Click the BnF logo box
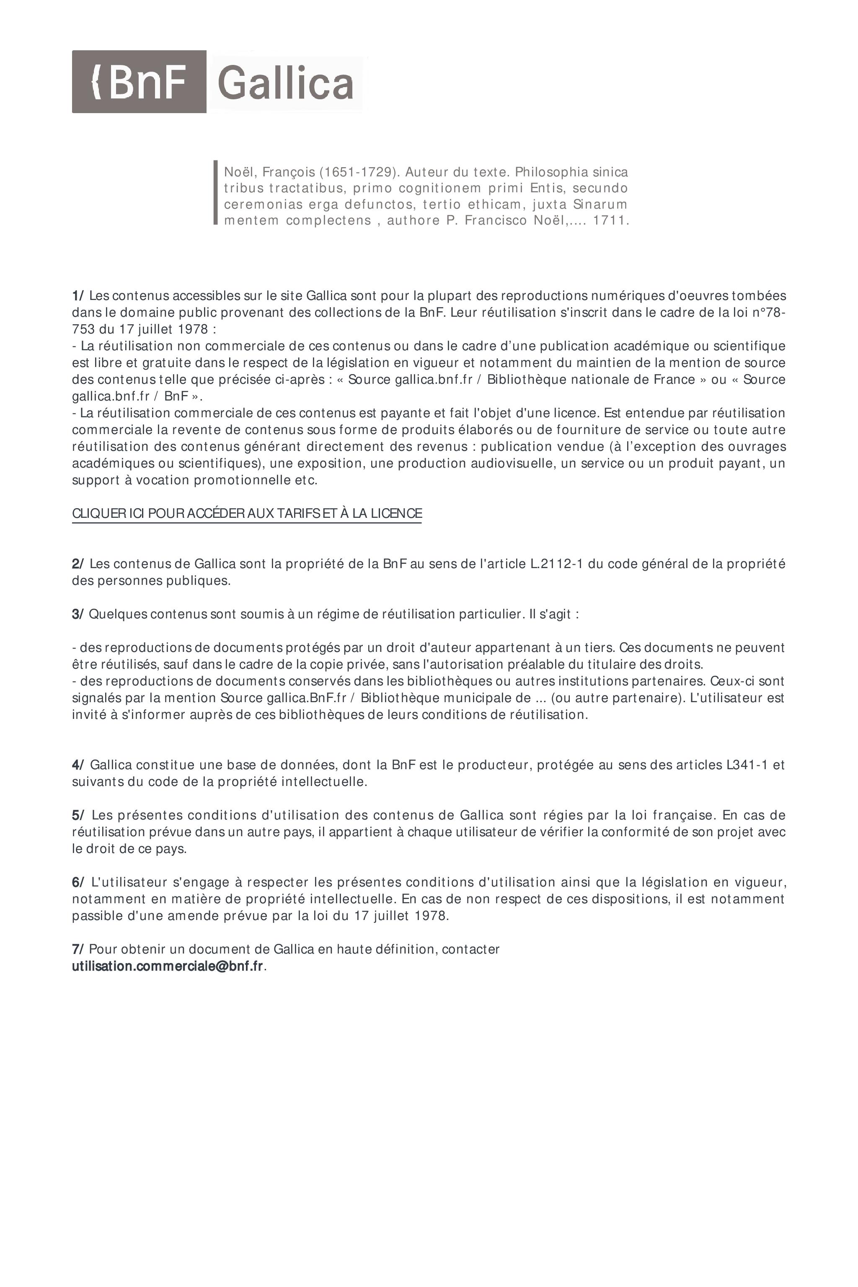point(139,82)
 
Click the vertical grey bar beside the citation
point(216,193)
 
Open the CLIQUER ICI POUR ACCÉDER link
point(247,513)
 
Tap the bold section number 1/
point(78,295)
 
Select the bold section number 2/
point(78,563)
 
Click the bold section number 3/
point(78,614)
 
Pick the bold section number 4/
point(78,765)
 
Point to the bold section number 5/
point(78,815)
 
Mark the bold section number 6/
point(78,882)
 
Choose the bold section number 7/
point(78,949)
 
